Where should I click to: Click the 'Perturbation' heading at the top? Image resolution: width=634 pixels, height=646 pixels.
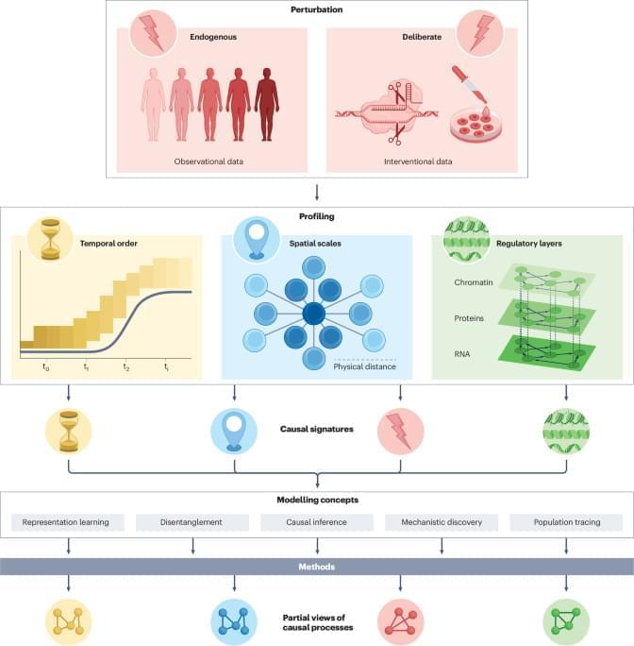(316, 9)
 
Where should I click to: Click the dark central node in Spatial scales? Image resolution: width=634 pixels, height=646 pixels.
(314, 313)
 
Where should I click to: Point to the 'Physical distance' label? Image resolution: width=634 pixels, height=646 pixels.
(365, 366)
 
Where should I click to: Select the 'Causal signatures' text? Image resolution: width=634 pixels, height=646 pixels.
(316, 428)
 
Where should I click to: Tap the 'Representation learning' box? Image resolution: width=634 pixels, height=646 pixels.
(68, 521)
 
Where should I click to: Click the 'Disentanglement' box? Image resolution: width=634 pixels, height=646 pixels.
(192, 521)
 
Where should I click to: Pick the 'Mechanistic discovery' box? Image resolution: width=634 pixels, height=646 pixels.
(442, 521)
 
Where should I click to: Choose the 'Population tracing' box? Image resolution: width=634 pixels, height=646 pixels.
(566, 521)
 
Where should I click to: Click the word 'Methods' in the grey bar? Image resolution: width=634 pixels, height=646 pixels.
(316, 567)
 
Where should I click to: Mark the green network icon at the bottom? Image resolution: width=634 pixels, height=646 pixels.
(566, 620)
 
